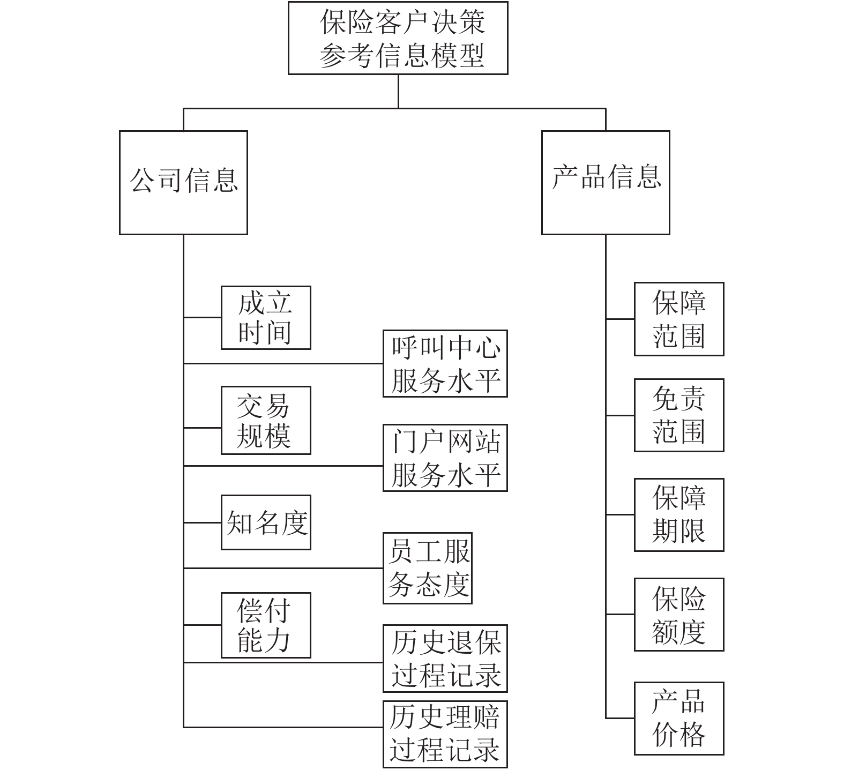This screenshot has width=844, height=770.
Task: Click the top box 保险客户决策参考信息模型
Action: [x=398, y=38]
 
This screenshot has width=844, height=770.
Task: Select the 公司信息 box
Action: [x=183, y=183]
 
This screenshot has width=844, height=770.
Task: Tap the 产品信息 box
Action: [x=606, y=183]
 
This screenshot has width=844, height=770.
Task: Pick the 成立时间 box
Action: [x=266, y=318]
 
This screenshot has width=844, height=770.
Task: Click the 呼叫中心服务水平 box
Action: [x=445, y=364]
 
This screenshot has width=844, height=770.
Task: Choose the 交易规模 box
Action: [x=266, y=421]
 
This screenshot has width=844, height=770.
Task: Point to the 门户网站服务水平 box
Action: [x=445, y=458]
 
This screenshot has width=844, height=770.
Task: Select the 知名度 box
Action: [x=266, y=522]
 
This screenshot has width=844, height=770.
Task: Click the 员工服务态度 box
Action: [x=427, y=568]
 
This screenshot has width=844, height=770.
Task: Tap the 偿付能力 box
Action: [x=266, y=625]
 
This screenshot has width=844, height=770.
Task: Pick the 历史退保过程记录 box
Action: [x=445, y=659]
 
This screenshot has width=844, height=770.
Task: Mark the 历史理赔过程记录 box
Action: [x=445, y=734]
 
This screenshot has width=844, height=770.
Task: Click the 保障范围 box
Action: [x=679, y=319]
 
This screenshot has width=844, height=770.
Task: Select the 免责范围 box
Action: [x=679, y=415]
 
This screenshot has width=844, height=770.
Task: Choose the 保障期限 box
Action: [x=679, y=515]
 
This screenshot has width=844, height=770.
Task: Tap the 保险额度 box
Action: [x=679, y=615]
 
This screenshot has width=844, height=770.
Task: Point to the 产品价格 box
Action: [x=679, y=719]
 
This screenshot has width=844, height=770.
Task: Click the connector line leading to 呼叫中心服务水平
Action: [x=283, y=364]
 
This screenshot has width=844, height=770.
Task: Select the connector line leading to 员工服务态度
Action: [x=283, y=568]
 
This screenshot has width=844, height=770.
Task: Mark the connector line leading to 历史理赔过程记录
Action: [x=283, y=727]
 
